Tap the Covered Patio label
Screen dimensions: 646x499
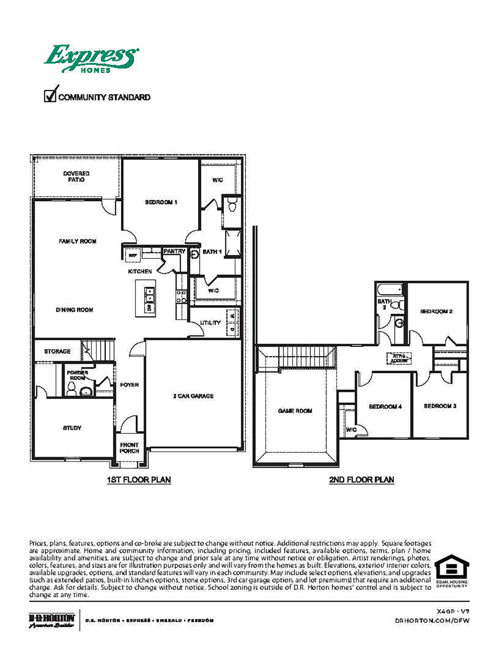click(x=76, y=176)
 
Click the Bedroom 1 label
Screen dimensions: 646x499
click(x=161, y=202)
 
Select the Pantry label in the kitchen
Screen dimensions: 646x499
click(x=174, y=251)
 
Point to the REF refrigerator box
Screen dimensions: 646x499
click(x=133, y=255)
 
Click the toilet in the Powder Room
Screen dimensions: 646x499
click(x=71, y=389)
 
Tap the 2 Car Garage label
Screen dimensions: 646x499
click(x=193, y=396)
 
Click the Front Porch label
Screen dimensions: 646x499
click(x=129, y=448)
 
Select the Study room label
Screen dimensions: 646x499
click(x=72, y=428)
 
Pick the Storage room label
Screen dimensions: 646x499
click(x=57, y=351)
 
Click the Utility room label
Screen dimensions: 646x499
click(x=210, y=323)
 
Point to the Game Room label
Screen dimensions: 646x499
click(x=295, y=411)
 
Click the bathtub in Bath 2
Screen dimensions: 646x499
click(x=389, y=290)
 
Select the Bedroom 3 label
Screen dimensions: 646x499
click(x=440, y=406)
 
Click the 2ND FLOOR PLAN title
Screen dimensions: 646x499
click(x=361, y=480)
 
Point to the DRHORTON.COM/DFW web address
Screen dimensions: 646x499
click(x=432, y=621)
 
